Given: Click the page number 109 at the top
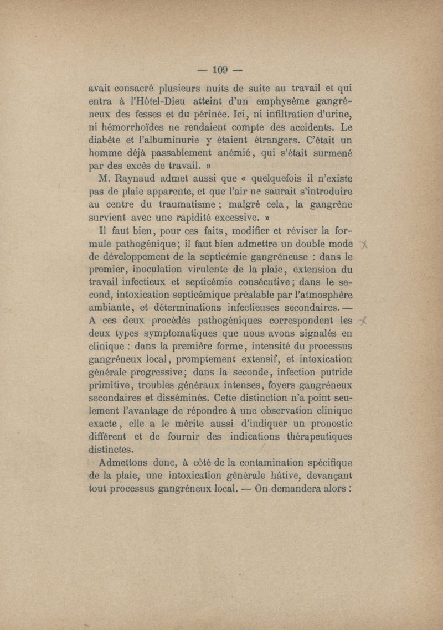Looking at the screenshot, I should (x=220, y=70).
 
